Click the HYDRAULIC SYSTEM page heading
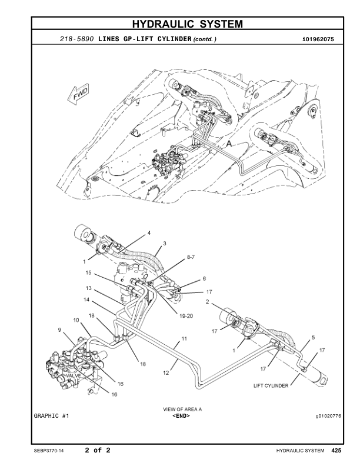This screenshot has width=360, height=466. tap(186, 24)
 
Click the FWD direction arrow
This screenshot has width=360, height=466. tap(79, 94)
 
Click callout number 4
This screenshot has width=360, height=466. tap(149, 233)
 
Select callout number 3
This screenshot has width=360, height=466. tap(165, 243)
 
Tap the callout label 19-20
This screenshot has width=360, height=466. tap(186, 316)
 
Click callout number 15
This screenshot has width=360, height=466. tap(88, 273)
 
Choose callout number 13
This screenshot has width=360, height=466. tap(89, 288)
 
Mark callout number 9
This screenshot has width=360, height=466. tap(59, 330)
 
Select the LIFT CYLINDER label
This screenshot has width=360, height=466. tap(271, 386)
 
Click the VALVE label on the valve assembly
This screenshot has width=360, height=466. tap(74, 375)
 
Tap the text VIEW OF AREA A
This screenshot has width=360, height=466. tap(182, 408)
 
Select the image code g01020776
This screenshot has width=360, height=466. tap(328, 416)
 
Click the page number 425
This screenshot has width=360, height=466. tap(336, 451)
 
